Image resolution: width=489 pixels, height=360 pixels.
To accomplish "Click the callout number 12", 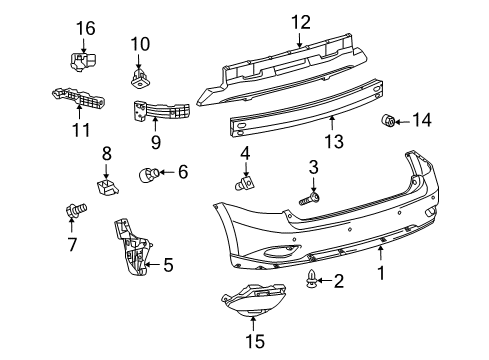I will (x=301, y=22).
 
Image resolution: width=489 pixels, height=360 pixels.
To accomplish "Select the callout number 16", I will (x=85, y=29).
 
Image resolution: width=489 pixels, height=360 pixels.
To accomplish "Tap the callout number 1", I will (x=380, y=272).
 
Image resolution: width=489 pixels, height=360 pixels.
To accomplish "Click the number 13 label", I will (x=333, y=142).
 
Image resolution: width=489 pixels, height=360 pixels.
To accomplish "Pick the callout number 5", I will (x=167, y=265).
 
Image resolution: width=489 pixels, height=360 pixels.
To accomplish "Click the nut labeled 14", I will (x=390, y=122).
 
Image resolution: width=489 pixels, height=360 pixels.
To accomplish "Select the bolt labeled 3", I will (x=308, y=200).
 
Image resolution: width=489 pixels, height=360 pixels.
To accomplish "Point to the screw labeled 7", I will (x=74, y=210).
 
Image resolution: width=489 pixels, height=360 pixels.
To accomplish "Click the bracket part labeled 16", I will (x=82, y=62).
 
